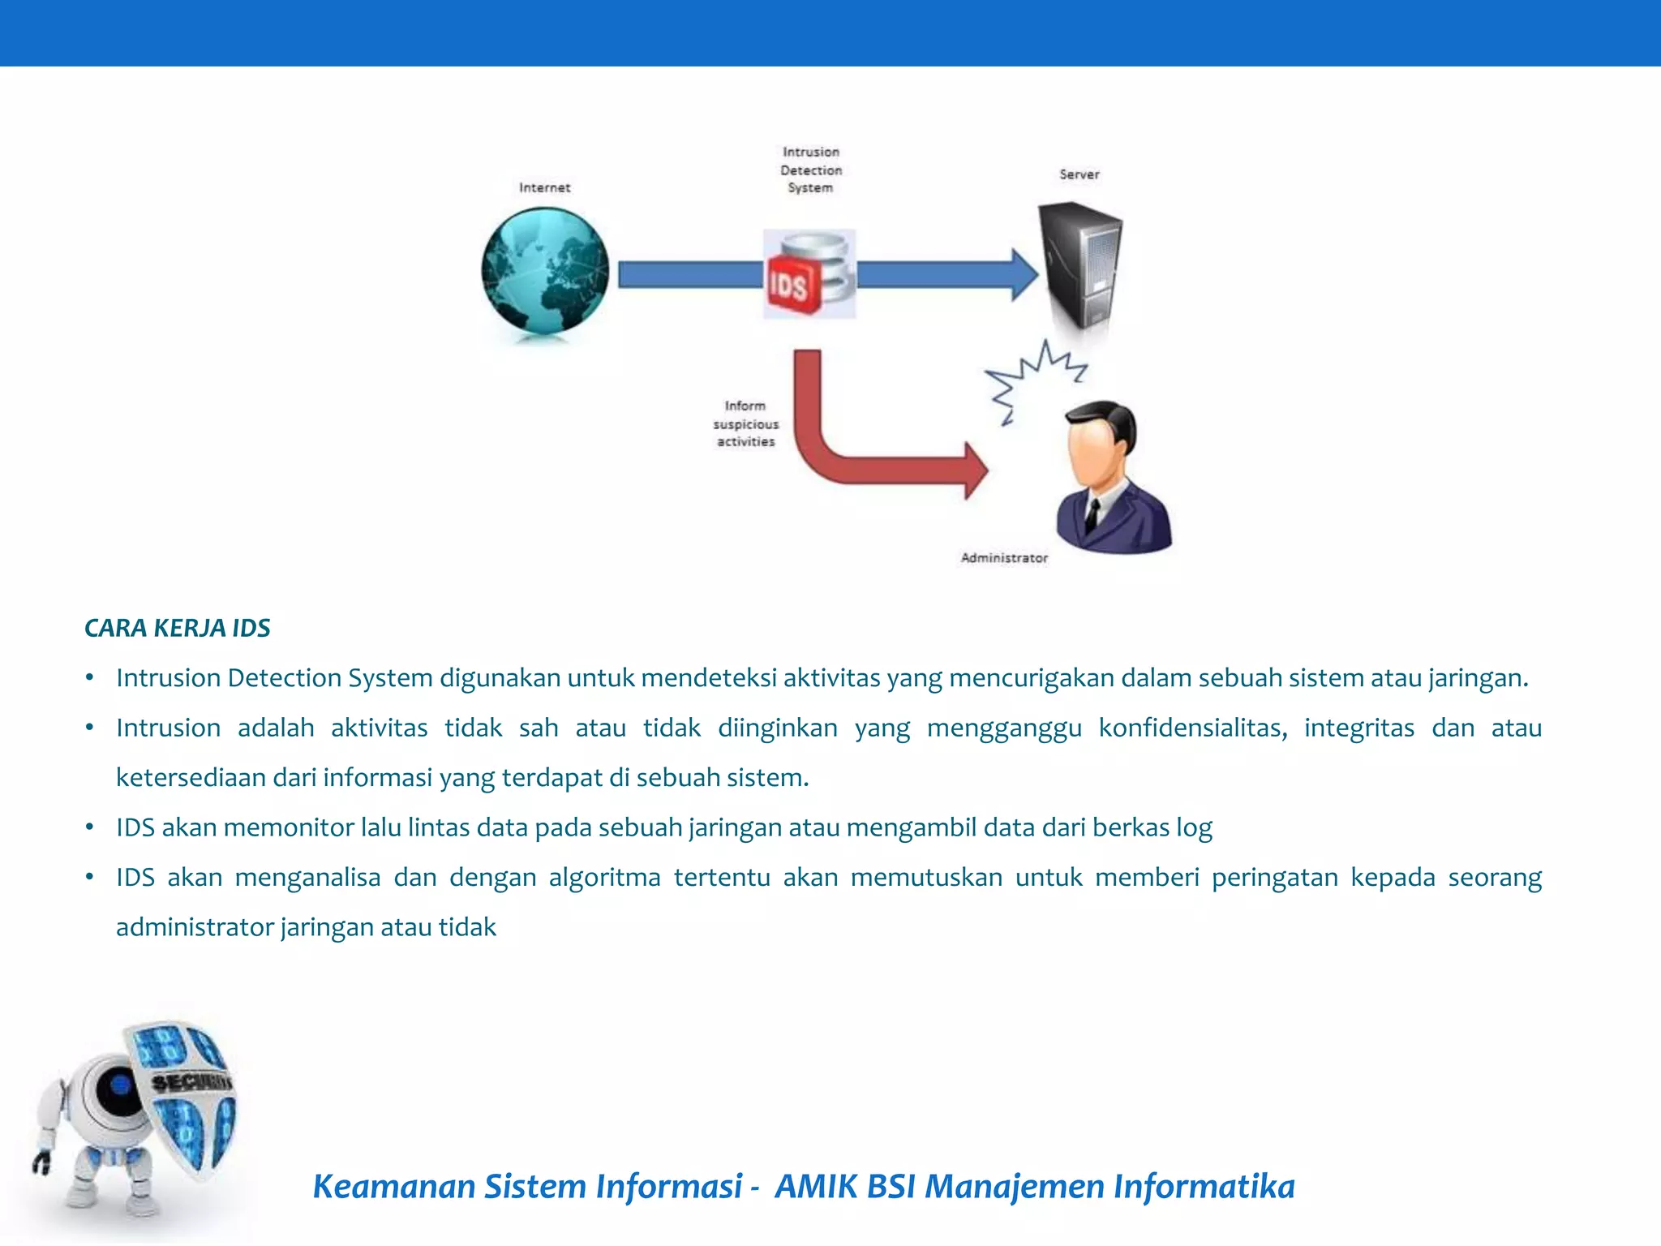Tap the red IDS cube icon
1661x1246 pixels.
790,284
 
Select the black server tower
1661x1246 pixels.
1081,264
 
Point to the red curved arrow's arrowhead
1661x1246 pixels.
975,470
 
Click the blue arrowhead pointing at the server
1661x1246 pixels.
1024,275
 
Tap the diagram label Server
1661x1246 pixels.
1079,174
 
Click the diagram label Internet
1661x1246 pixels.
545,187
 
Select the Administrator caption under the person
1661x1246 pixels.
1004,558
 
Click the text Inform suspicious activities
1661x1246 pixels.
745,423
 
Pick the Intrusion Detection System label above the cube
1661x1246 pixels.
811,170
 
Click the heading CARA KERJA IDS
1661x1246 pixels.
178,628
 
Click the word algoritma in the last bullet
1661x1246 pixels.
604,877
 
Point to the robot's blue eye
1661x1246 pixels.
120,1085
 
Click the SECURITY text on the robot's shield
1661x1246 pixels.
191,1082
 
